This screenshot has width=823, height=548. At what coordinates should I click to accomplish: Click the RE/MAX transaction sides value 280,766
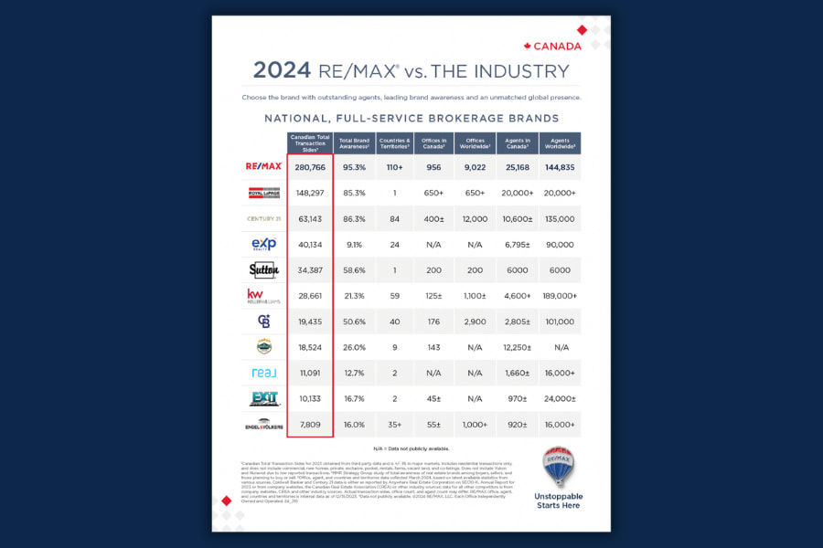tap(309, 167)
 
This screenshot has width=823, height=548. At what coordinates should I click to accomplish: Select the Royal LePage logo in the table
tap(263, 194)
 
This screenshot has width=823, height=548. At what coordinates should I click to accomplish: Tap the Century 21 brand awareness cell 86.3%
tap(352, 219)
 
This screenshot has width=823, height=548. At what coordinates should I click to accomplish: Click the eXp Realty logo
tap(263, 245)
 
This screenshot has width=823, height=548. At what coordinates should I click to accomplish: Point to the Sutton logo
tap(263, 270)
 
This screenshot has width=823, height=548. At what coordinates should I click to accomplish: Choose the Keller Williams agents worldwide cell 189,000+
tap(560, 296)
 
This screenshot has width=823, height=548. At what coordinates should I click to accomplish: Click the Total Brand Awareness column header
tap(352, 143)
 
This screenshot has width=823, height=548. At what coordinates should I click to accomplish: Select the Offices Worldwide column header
tap(475, 143)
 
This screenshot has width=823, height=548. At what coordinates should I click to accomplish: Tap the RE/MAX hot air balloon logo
tap(558, 467)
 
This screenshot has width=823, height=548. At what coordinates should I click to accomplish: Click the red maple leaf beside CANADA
tap(528, 46)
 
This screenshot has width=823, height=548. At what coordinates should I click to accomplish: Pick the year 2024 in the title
tap(282, 71)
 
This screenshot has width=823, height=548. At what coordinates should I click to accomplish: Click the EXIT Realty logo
tap(263, 398)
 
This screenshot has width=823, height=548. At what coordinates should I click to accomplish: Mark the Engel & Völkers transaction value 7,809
tap(309, 424)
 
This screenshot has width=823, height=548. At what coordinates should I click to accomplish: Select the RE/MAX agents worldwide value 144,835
tap(560, 167)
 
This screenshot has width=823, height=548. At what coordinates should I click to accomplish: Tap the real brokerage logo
tap(263, 373)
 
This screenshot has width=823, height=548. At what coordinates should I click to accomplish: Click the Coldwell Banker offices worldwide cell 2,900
tap(475, 321)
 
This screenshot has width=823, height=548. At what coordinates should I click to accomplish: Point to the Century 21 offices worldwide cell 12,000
tap(475, 219)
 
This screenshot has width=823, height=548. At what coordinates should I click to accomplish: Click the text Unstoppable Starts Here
tap(558, 501)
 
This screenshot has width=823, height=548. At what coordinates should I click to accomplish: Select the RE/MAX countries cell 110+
tap(393, 167)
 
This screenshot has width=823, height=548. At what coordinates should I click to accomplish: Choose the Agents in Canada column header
tap(517, 143)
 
